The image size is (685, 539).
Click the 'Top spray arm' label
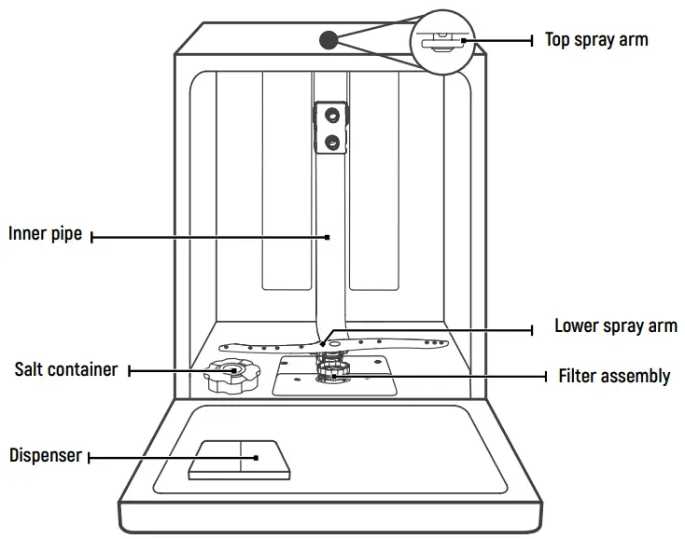tap(595, 40)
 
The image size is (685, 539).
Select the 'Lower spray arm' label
tap(615, 326)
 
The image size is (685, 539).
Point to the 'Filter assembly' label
tap(614, 377)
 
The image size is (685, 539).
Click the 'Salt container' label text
tap(65, 370)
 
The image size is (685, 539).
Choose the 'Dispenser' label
tap(46, 456)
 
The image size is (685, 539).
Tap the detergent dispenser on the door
tap(238, 459)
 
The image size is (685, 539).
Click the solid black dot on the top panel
tap(328, 39)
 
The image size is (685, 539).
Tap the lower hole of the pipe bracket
tap(330, 141)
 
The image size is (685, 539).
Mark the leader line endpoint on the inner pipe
tap(328, 237)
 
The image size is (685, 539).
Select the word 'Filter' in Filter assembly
tap(579, 377)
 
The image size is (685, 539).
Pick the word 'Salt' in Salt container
tap(29, 370)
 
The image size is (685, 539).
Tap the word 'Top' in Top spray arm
tap(558, 40)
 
